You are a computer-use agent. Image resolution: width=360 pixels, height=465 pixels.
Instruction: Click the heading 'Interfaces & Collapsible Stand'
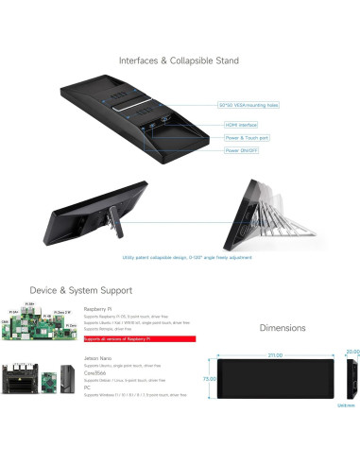[x=179, y=60]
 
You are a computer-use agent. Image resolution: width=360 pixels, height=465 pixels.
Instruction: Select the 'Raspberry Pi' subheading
[x=97, y=309]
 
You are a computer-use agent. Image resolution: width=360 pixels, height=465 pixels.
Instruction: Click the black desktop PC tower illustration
[x=67, y=380]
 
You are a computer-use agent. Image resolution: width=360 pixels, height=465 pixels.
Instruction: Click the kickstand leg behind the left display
[x=111, y=226]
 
